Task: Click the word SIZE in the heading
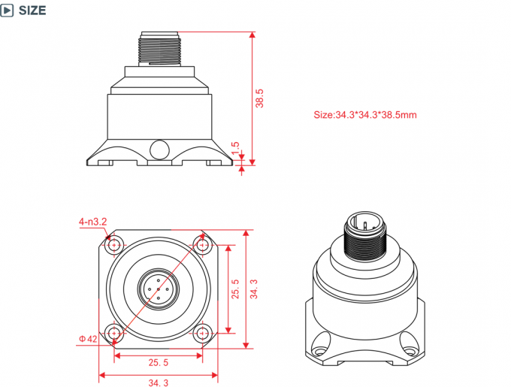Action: coord(32,11)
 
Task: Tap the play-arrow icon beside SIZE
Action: coord(8,11)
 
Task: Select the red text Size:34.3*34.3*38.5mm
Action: coord(364,115)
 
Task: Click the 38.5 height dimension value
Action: coord(259,98)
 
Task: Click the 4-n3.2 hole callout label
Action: coord(94,222)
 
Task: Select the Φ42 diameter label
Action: coord(88,339)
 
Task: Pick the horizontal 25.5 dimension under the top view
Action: coord(158,362)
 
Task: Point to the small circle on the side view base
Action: coord(158,148)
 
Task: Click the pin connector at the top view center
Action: coord(158,288)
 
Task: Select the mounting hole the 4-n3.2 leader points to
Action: coord(114,244)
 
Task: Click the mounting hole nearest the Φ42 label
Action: coord(114,332)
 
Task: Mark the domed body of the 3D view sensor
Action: coord(364,282)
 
